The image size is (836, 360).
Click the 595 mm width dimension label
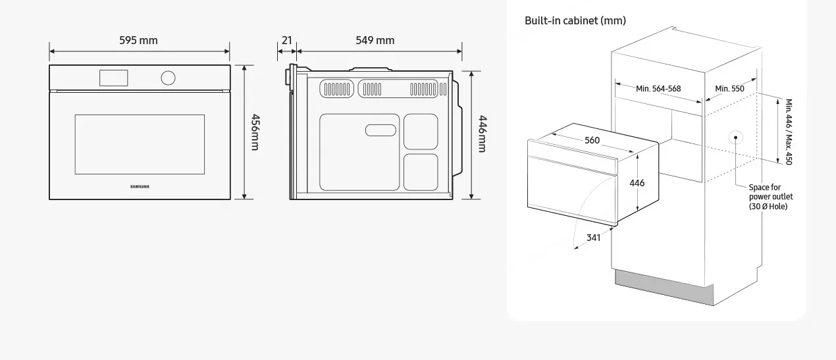[x=138, y=40]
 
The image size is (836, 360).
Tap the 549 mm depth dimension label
[x=375, y=40]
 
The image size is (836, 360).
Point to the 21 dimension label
[x=286, y=40]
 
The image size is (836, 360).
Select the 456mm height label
[x=255, y=132]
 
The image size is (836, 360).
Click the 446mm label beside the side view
[x=483, y=134]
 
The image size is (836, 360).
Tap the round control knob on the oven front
[x=168, y=78]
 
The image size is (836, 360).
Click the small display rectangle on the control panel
[x=113, y=78]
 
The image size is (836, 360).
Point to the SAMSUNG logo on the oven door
[x=140, y=186]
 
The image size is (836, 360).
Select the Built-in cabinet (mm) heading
[x=575, y=20]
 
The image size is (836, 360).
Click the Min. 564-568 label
[x=658, y=89]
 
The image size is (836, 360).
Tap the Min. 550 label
[x=729, y=89]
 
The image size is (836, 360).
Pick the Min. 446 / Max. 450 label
[x=789, y=132]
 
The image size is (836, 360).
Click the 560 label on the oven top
[x=592, y=140]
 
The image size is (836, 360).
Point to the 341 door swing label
[x=593, y=238]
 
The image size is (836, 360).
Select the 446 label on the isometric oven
[x=637, y=183]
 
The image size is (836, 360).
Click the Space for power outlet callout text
[x=771, y=197]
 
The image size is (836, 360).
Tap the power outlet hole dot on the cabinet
[x=735, y=138]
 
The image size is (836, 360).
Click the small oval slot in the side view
[x=380, y=130]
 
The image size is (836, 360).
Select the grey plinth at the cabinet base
[x=664, y=287]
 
